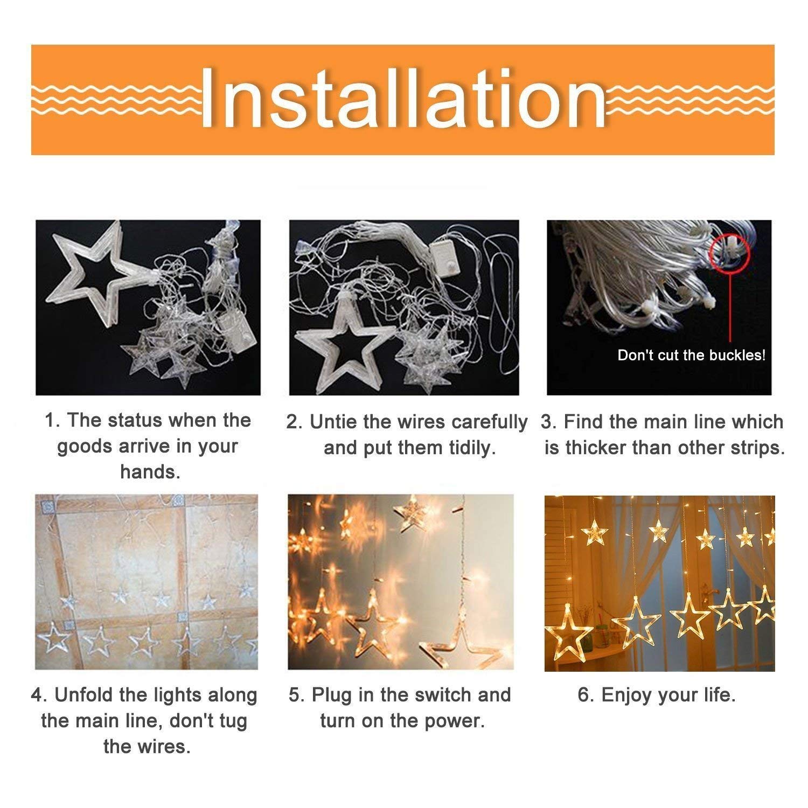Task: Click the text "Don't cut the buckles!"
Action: coord(691,355)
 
